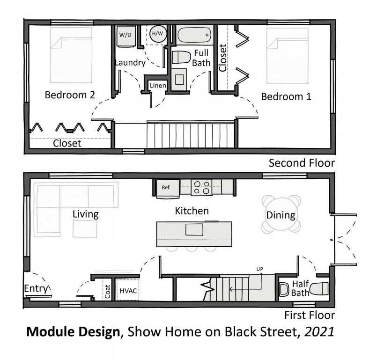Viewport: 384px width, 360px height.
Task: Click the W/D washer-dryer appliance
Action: click(x=126, y=36)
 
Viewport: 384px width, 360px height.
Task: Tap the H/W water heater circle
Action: click(x=158, y=34)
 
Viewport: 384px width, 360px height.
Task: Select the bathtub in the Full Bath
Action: click(x=194, y=35)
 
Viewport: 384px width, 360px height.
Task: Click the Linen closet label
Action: click(x=158, y=86)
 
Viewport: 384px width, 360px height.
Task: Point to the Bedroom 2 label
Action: click(x=70, y=95)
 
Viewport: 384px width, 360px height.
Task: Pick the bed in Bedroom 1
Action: click(x=287, y=56)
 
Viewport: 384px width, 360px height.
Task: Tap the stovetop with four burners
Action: click(x=201, y=188)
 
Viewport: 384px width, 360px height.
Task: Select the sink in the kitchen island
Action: click(x=194, y=229)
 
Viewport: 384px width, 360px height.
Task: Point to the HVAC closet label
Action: click(x=128, y=291)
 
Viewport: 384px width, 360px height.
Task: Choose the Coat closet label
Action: click(x=107, y=292)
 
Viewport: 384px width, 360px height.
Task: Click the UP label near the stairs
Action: click(x=259, y=269)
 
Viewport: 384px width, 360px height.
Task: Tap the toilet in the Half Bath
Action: click(x=319, y=289)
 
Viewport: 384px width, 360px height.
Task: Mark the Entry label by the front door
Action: click(x=36, y=288)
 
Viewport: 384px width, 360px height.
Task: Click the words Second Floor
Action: click(x=302, y=163)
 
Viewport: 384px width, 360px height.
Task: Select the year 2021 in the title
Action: click(x=319, y=331)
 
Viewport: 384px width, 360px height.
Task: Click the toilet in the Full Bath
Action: click(x=181, y=57)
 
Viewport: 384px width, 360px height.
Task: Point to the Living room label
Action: click(x=86, y=214)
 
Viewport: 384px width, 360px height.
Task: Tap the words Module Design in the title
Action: click(x=73, y=332)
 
